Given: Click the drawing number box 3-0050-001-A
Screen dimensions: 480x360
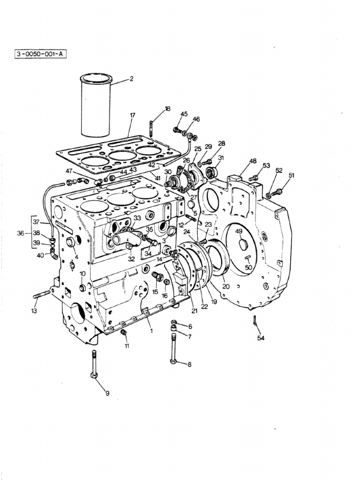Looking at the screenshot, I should [41, 54].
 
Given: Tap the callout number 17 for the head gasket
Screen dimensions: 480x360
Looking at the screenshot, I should [133, 115].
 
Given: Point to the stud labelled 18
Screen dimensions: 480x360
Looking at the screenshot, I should [152, 127].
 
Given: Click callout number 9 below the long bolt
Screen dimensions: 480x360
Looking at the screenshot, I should [107, 393].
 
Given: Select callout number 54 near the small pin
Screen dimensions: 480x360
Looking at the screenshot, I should [261, 337].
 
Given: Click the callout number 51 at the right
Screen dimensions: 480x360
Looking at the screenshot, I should [292, 175].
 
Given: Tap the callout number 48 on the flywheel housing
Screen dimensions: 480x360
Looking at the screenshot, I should [253, 161].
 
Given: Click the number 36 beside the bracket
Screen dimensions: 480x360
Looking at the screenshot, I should [20, 232].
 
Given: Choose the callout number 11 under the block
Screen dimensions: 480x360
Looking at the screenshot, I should [127, 346].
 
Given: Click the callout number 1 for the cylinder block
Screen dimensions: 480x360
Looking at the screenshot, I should [151, 331].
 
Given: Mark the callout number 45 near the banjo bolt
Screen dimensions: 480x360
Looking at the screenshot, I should [184, 114].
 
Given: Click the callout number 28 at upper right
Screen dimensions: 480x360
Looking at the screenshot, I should [221, 143].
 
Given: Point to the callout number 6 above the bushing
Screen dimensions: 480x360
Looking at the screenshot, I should [190, 326].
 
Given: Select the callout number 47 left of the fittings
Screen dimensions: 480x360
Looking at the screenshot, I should [69, 171].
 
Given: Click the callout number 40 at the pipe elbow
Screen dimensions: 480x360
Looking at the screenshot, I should [40, 255].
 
